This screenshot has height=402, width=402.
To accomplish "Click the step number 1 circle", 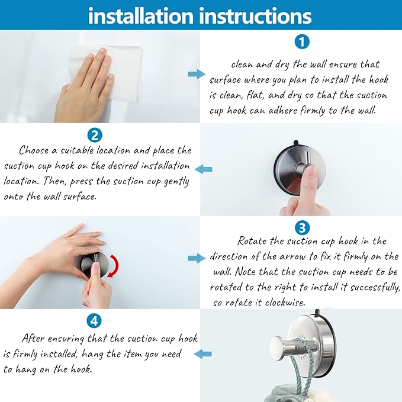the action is (302, 42).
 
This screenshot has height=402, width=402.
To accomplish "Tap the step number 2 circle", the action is (95, 135).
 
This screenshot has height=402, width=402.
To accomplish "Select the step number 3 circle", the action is (302, 228).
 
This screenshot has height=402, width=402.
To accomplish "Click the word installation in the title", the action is (141, 16).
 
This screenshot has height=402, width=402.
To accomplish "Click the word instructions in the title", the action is (255, 16).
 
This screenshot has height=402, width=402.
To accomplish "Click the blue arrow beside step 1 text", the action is (197, 75).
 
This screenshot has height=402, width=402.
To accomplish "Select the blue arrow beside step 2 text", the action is (204, 169).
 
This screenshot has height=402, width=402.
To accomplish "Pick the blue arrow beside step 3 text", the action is (197, 258).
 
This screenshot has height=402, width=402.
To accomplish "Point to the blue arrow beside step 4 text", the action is (203, 354).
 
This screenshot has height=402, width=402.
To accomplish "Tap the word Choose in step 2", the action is (34, 150).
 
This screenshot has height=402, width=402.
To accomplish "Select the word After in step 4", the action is (33, 339).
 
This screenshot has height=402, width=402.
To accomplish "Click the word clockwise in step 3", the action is (285, 303).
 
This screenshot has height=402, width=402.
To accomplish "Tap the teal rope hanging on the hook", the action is (304, 364).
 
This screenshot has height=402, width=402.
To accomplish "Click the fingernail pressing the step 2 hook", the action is (311, 171).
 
